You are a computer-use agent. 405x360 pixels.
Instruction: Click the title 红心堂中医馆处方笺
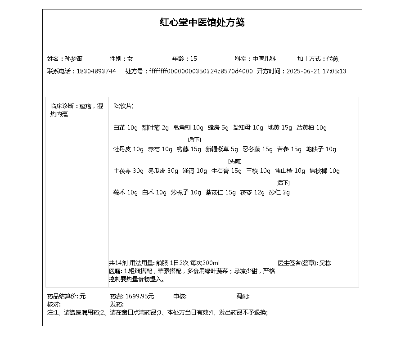point(202,22)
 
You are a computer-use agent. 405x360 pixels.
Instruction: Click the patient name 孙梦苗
point(73,58)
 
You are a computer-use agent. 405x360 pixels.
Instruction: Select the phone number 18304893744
point(96,71)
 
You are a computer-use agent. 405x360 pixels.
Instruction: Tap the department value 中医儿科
point(264,58)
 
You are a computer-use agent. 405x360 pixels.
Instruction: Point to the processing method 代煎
point(333,58)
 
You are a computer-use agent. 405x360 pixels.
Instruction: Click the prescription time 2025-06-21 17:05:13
point(316,71)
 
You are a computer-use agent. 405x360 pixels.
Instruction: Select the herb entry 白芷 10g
point(125,127)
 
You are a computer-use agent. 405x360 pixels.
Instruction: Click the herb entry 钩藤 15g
point(189,149)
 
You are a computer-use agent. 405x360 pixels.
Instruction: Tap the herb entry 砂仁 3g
point(279,192)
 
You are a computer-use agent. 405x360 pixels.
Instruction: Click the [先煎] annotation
point(234,161)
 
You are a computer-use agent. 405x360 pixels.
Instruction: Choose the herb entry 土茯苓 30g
point(128,171)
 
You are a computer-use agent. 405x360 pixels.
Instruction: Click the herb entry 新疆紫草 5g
point(221,149)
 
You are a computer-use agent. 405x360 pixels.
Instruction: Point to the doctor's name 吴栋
point(325,263)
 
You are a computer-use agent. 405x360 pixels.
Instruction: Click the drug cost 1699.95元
point(139,296)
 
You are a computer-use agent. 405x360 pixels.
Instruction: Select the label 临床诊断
point(62,106)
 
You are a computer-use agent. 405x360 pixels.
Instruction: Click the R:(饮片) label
point(123,106)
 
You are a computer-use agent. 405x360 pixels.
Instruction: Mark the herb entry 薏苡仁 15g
point(220,192)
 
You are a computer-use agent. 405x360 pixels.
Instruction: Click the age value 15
point(193,58)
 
